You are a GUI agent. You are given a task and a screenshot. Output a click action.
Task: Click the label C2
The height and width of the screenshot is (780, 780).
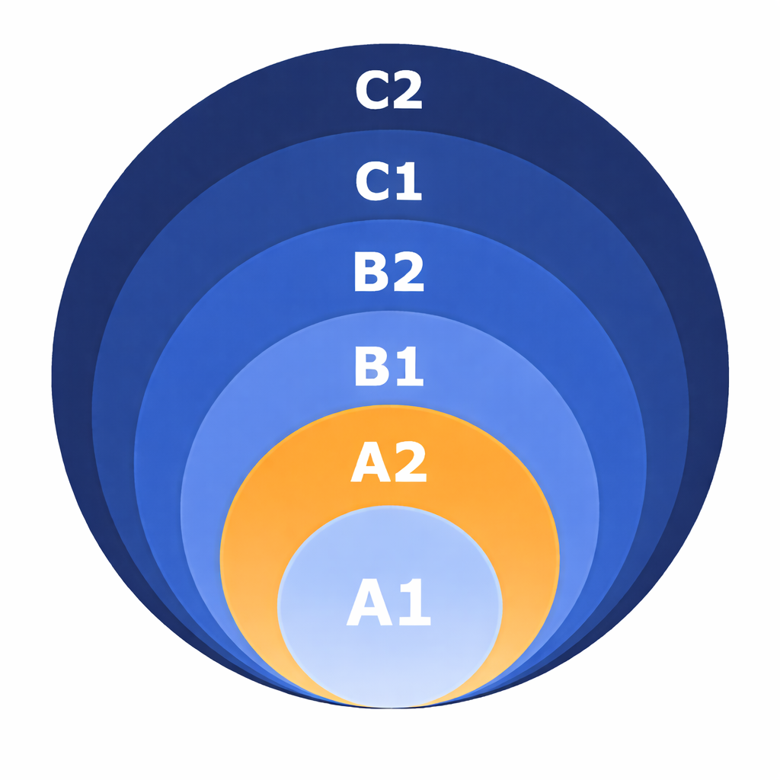pos(388,91)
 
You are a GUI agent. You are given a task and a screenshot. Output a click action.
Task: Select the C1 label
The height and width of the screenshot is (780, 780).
pos(388,182)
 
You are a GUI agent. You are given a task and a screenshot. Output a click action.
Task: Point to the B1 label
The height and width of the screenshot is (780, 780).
pos(388,366)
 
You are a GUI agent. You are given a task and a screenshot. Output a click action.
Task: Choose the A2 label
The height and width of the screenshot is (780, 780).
pos(388,464)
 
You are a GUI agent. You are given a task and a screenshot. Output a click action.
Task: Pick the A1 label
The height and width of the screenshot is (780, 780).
pos(388,603)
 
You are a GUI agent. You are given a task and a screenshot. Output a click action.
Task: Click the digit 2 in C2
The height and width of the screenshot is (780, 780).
pos(405,91)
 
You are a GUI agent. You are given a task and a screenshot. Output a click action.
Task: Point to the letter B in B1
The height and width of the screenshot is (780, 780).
pos(372,366)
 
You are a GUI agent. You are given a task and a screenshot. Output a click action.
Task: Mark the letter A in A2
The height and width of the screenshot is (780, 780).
pos(369,464)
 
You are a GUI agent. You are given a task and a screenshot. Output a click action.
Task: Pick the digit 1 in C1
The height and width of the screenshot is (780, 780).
pos(408,182)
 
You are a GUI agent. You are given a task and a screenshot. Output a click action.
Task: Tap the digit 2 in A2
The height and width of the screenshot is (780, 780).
pos(408,464)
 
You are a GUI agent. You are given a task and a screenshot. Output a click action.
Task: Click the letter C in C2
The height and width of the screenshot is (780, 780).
pos(372,91)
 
